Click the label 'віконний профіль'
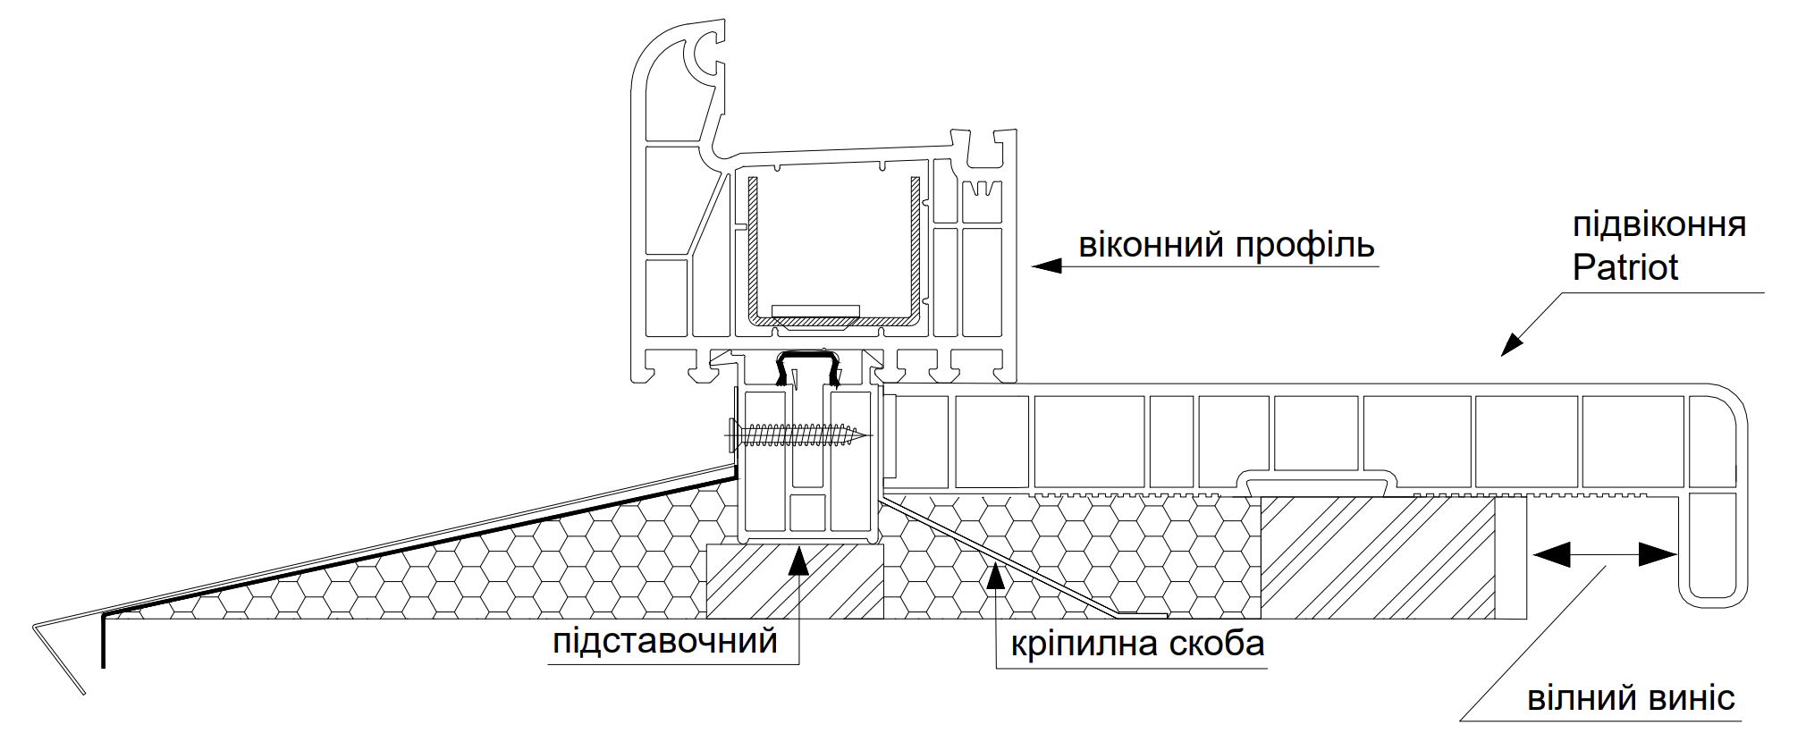pos(1227,245)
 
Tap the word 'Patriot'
pos(1625,267)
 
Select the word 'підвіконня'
pos(1659,223)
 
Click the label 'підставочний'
pos(665,641)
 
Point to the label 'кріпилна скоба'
pos(1137,644)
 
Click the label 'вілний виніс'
pos(1632,697)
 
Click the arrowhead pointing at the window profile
pos(1047,266)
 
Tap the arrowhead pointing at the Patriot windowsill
pos(1511,344)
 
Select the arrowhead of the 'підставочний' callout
pos(799,561)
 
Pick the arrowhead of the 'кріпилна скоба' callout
pos(996,576)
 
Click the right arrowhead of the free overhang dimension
pos(1658,555)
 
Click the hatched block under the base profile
pos(795,580)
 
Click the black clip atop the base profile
pos(808,367)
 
